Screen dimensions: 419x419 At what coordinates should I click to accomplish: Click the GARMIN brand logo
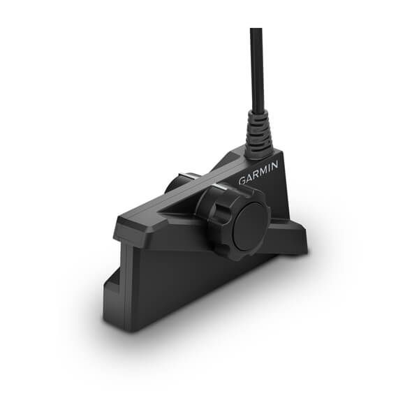coord(258,172)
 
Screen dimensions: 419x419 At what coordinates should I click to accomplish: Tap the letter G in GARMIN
coord(242,179)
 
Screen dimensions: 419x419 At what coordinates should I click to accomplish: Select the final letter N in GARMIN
coord(274,166)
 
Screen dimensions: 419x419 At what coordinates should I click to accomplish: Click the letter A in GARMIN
coord(249,177)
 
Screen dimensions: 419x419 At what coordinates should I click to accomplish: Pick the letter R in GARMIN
coord(255,174)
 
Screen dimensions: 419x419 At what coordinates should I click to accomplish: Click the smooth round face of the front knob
coord(250,227)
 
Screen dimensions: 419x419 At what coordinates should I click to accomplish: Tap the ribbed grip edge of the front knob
coord(209,209)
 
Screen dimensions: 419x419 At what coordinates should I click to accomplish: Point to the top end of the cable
coord(256,31)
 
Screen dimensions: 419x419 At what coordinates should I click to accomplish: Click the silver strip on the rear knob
coord(189,175)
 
